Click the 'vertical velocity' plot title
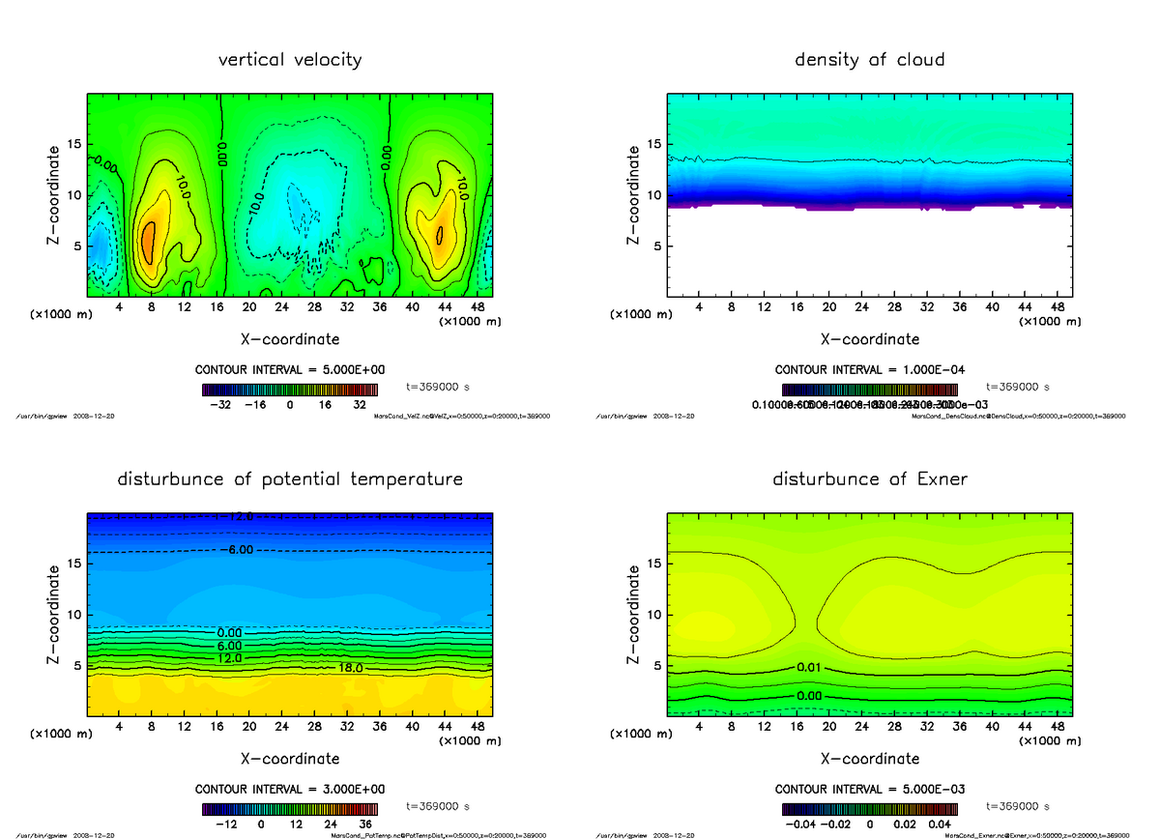[x=290, y=60]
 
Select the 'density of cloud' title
[x=869, y=60]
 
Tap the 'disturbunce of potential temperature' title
[x=290, y=479]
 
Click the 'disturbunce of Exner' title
[x=869, y=479]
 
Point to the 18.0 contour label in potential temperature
[x=351, y=668]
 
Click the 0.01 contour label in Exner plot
[x=810, y=668]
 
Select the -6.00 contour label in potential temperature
[x=234, y=549]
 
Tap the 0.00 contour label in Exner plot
[x=810, y=696]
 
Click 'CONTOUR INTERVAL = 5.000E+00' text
[x=290, y=370]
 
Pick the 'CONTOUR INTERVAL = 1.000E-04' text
[x=869, y=370]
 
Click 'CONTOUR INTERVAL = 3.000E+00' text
[x=290, y=789]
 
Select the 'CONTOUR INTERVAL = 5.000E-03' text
[x=869, y=789]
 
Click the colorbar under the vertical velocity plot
[x=290, y=390]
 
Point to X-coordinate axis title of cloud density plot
[x=869, y=339]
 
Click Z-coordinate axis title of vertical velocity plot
[x=55, y=194]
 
